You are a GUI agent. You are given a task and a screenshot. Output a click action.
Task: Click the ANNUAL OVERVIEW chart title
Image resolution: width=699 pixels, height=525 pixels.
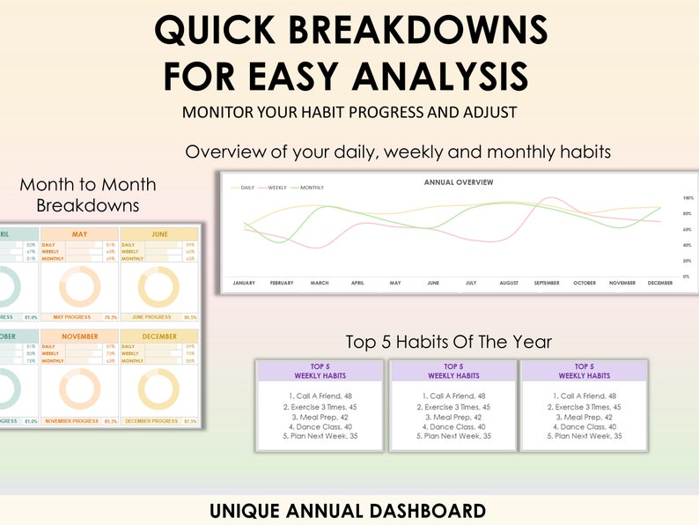pyautogui.click(x=459, y=182)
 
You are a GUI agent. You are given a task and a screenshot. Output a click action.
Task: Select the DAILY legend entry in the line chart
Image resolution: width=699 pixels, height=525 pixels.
pyautogui.click(x=247, y=188)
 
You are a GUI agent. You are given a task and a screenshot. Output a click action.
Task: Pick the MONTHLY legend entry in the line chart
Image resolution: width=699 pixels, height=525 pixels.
pyautogui.click(x=311, y=188)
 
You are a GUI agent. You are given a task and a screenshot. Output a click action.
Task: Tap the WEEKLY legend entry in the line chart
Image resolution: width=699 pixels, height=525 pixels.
pyautogui.click(x=277, y=188)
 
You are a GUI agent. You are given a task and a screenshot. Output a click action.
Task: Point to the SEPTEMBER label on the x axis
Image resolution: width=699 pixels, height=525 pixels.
pyautogui.click(x=546, y=283)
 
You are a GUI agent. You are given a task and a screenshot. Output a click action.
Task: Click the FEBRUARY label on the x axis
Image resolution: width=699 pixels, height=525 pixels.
pyautogui.click(x=281, y=283)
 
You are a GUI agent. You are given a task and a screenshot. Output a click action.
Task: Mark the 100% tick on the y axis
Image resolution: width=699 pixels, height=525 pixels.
pyautogui.click(x=688, y=198)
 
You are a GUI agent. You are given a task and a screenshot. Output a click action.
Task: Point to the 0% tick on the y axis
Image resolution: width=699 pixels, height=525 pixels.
pyautogui.click(x=687, y=277)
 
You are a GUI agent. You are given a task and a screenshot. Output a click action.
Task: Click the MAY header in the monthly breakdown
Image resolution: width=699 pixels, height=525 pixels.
pyautogui.click(x=79, y=234)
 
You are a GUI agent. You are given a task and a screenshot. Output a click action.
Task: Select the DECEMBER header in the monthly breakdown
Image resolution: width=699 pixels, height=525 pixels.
pyautogui.click(x=159, y=336)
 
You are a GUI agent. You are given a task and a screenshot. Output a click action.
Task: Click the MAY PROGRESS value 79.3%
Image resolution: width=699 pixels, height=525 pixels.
pyautogui.click(x=110, y=317)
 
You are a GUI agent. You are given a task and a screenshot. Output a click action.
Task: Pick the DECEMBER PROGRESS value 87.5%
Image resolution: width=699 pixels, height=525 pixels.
pyautogui.click(x=189, y=421)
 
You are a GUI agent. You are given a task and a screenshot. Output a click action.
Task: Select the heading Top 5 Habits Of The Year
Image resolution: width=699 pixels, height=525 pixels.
pyautogui.click(x=449, y=342)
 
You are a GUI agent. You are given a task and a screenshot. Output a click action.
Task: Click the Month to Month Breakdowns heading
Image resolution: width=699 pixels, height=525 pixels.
pyautogui.click(x=88, y=195)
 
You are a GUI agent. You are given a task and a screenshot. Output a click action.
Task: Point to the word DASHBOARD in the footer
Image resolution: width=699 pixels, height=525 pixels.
pyautogui.click(x=422, y=510)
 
